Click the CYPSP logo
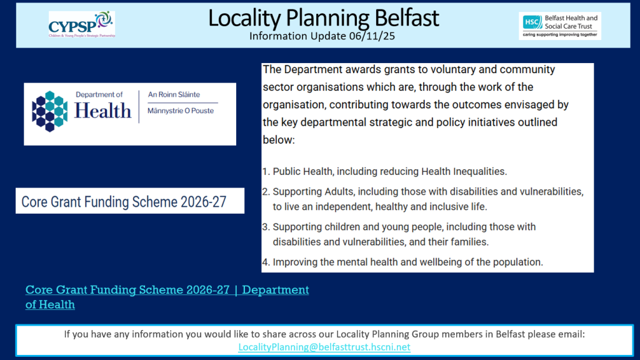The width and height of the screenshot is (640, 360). tap(81, 24)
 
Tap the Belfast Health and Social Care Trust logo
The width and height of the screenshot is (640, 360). tap(559, 25)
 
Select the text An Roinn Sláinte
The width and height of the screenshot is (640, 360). tap(174, 94)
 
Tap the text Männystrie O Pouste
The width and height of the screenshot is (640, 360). tap(181, 111)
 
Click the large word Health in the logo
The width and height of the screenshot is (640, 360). tap(102, 111)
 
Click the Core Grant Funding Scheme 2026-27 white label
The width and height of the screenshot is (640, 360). tap(129, 202)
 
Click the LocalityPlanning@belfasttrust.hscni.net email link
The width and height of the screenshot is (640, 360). tap(324, 347)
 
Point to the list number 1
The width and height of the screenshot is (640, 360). tap(266, 171)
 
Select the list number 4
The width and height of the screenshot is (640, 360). tap(266, 262)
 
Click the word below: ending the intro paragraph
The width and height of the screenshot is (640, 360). tap(278, 140)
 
